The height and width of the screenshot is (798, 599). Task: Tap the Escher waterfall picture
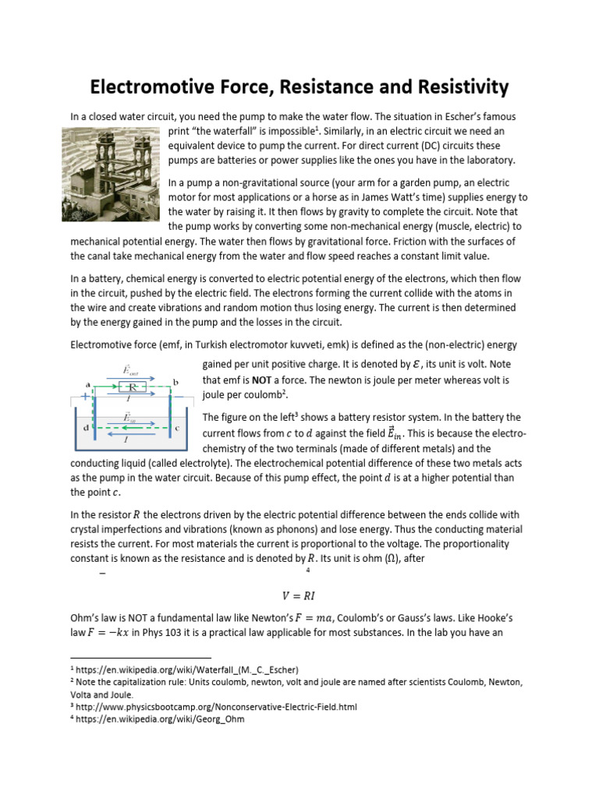111,175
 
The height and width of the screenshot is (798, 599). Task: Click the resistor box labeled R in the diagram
132,387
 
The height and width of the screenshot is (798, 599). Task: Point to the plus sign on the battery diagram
84,397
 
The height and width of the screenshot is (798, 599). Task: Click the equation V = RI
297,596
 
